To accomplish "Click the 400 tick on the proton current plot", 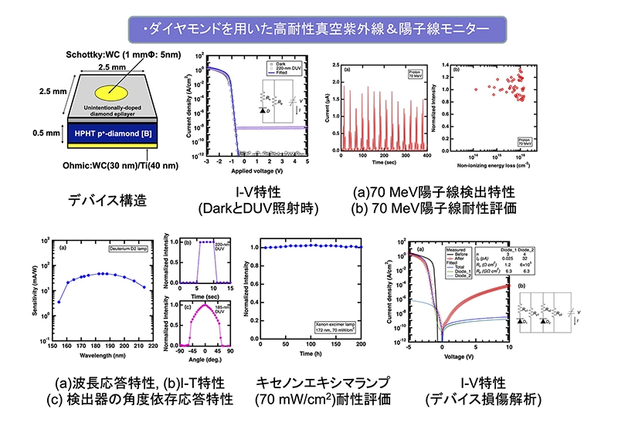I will click(423, 157).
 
